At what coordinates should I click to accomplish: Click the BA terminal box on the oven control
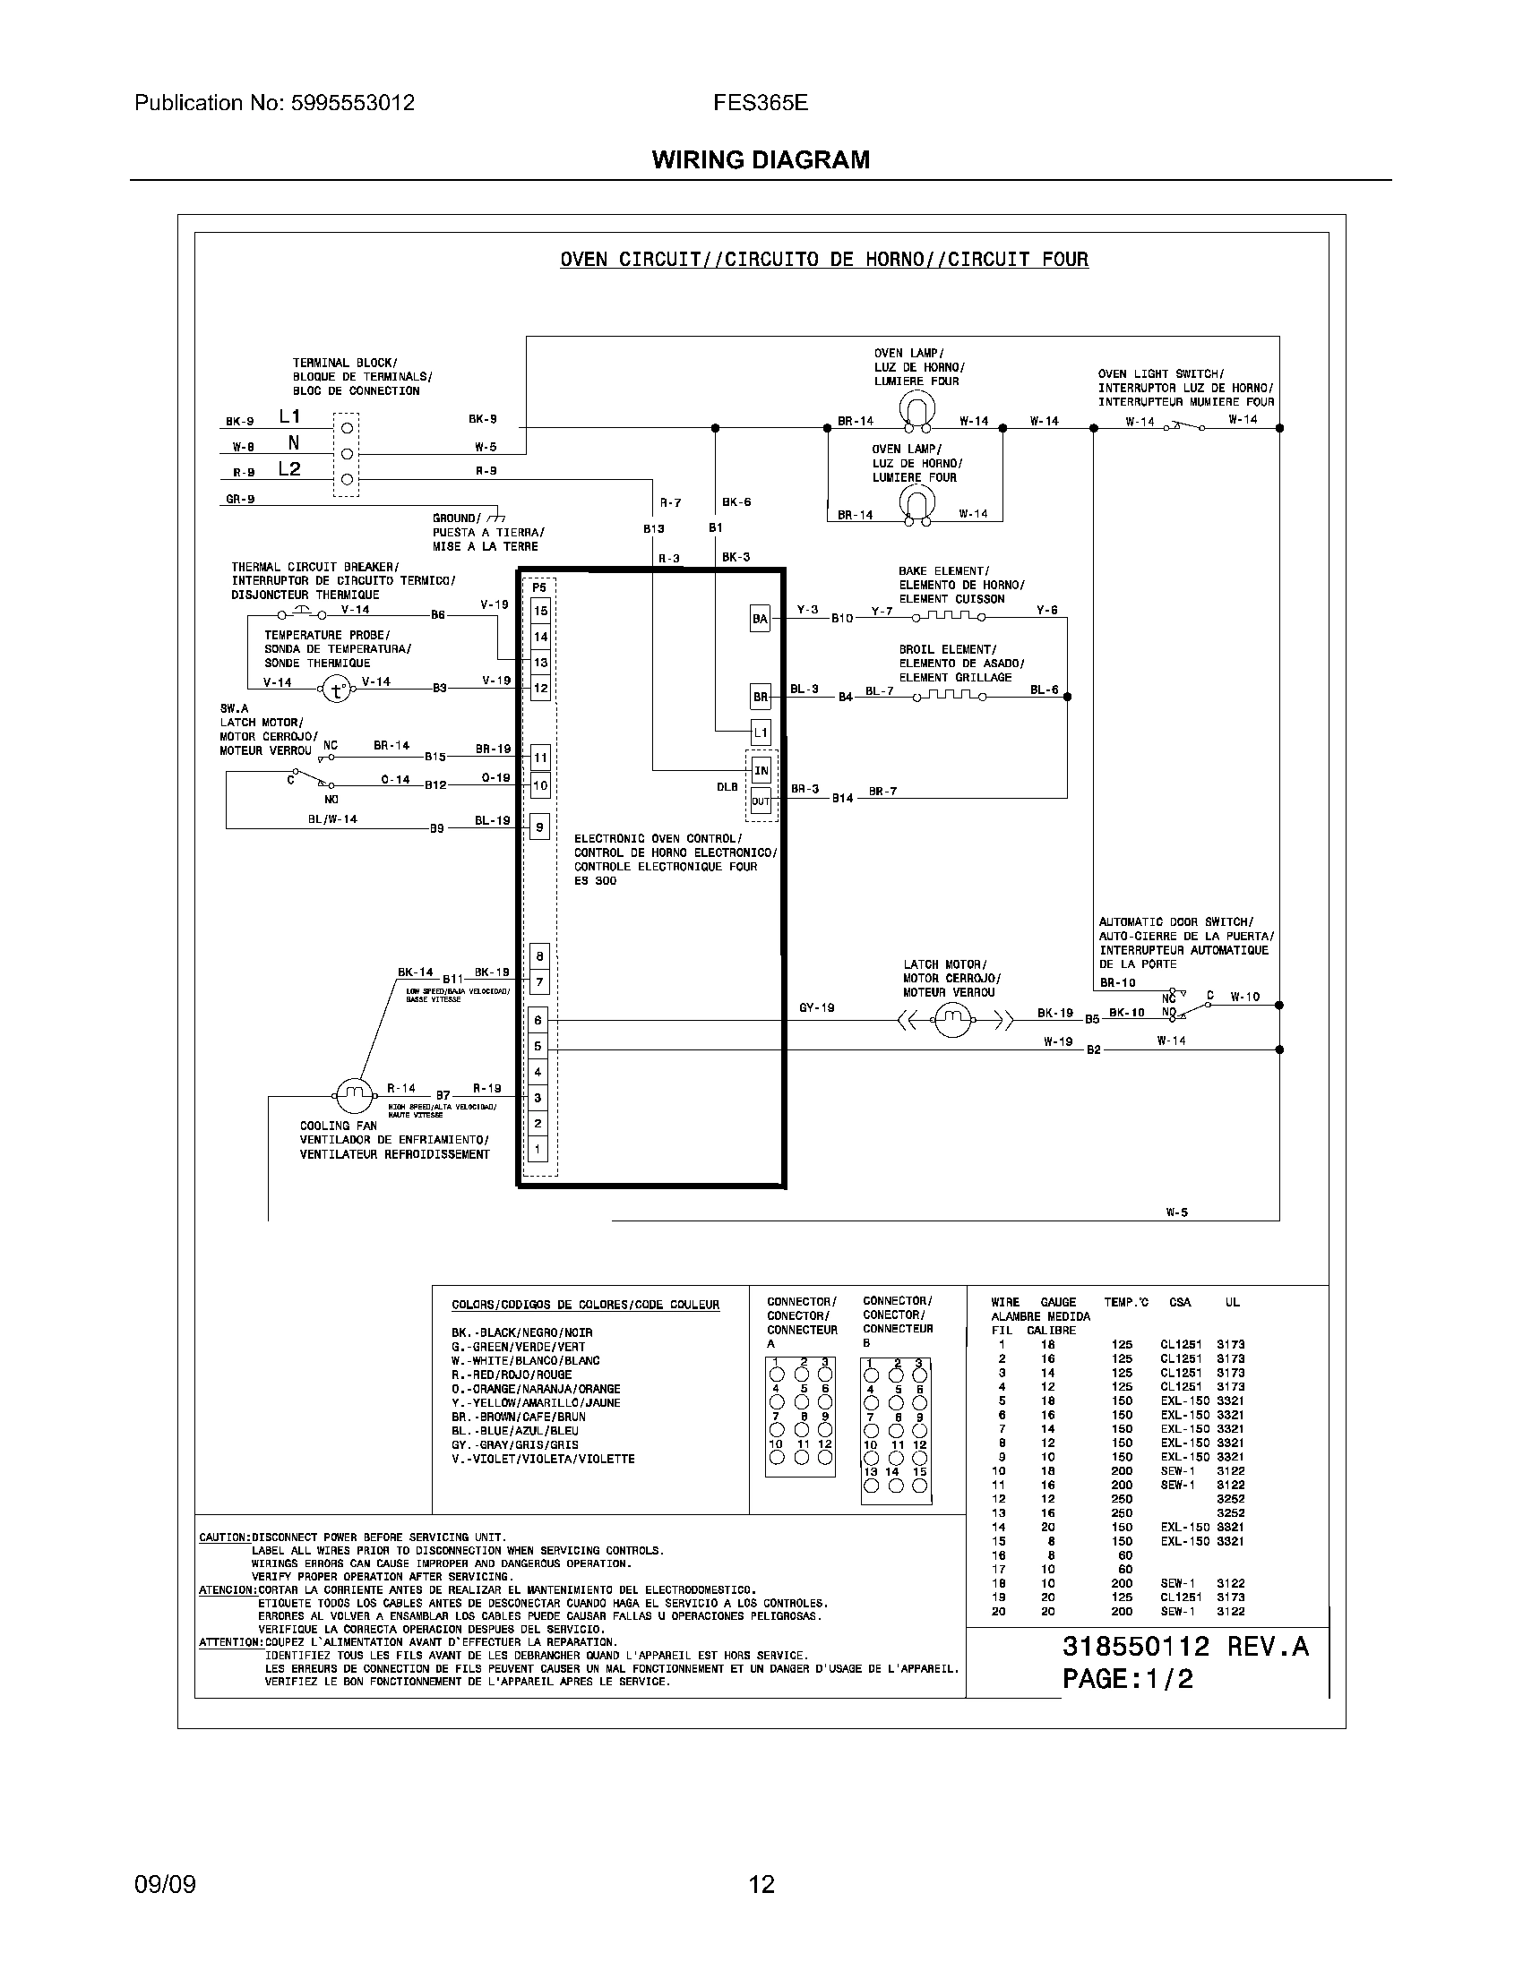[x=761, y=619]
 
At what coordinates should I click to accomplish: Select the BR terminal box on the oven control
[x=761, y=698]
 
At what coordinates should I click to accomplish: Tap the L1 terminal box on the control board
[x=761, y=732]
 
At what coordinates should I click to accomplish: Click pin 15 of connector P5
[x=540, y=611]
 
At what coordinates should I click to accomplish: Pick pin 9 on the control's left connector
[x=539, y=827]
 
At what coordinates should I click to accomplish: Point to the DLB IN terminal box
[x=761, y=770]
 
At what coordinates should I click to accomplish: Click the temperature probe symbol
[x=337, y=691]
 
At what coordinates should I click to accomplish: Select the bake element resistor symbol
[x=947, y=617]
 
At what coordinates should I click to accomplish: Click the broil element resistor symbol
[x=947, y=696]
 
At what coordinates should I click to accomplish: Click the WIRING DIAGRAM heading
[x=761, y=159]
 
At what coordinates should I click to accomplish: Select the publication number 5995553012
[x=353, y=103]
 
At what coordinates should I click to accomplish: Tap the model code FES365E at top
[x=761, y=103]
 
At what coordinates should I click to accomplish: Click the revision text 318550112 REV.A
[x=1184, y=1647]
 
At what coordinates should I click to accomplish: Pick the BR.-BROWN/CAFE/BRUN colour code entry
[x=518, y=1418]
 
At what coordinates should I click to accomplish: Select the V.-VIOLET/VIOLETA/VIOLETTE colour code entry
[x=542, y=1459]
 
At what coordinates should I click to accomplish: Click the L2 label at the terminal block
[x=289, y=469]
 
